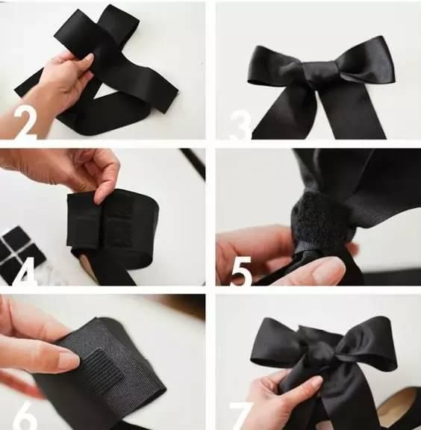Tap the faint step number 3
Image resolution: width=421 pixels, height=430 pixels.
239,125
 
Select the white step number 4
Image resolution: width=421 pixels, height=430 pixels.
25,272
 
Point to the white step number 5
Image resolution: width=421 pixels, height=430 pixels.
241,271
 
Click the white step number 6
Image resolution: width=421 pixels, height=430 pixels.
25,416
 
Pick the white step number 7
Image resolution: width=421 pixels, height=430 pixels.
240,416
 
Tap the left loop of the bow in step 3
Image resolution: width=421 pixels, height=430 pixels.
267,66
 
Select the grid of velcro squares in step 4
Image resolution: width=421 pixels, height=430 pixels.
21,254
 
